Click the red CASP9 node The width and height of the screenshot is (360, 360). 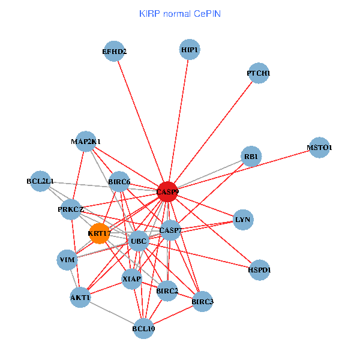[x=167, y=192]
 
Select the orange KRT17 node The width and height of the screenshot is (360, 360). [x=100, y=233]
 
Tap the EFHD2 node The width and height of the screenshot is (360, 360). [x=114, y=52]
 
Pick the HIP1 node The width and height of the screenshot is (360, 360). [x=190, y=50]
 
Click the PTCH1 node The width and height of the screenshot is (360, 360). [x=258, y=73]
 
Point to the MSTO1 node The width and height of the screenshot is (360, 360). [x=319, y=148]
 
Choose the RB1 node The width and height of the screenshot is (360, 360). [x=251, y=157]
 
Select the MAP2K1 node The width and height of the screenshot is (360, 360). [x=86, y=142]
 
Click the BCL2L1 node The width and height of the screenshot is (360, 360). [x=40, y=181]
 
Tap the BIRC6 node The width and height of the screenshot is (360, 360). [x=119, y=181]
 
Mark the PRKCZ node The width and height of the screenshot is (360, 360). [x=71, y=209]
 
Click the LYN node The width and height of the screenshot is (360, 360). [x=242, y=220]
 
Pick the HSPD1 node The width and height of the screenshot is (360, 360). [x=259, y=270]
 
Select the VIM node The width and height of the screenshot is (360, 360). [x=67, y=260]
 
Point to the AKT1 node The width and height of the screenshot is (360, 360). [x=80, y=298]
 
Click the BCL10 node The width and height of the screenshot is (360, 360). [x=143, y=328]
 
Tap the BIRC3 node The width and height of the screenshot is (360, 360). [x=202, y=302]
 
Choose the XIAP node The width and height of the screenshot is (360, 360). [x=131, y=279]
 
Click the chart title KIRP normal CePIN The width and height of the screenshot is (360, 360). [x=179, y=13]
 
